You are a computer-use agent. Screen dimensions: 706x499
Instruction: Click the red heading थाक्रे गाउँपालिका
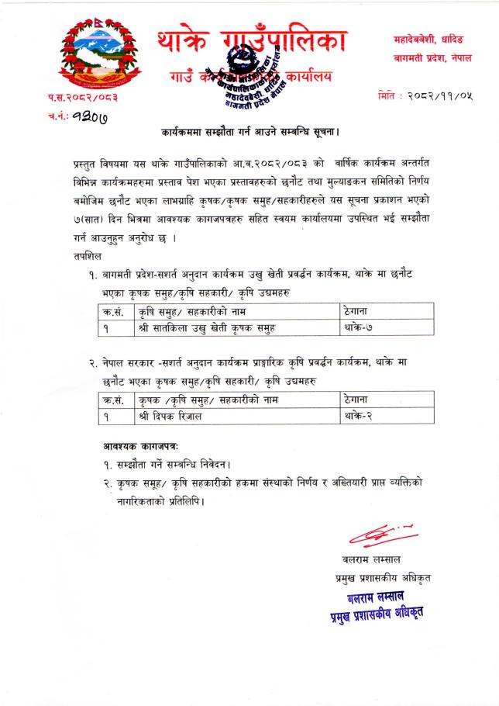click(246, 41)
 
